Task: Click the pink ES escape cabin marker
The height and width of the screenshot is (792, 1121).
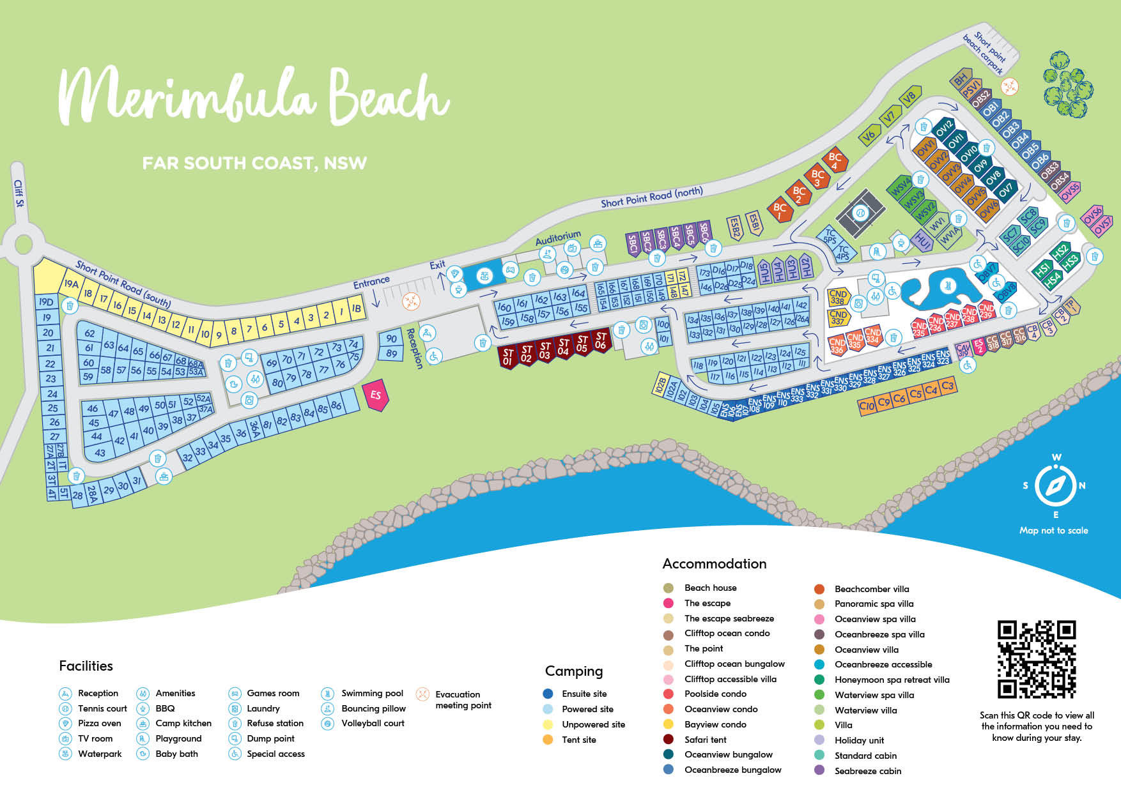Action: (376, 395)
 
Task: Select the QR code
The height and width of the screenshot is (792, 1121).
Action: (1037, 659)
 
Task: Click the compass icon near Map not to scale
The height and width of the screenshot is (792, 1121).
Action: (1055, 486)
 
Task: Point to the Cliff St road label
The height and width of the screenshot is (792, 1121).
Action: (19, 194)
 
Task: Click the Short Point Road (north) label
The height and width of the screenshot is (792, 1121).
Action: (651, 197)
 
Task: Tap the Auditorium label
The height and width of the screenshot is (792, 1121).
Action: (558, 238)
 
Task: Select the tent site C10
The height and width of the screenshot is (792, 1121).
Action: (867, 406)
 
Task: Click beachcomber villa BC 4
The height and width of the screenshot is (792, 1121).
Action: (835, 161)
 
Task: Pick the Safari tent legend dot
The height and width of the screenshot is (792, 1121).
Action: (669, 739)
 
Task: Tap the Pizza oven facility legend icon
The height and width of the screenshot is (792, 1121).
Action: (65, 723)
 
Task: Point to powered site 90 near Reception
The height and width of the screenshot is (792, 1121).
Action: (391, 339)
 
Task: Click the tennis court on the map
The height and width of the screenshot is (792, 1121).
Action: (860, 213)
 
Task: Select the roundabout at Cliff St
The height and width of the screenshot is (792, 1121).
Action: (23, 243)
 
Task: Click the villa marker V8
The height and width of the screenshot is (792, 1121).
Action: (909, 97)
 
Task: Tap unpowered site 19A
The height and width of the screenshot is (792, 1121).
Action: (70, 284)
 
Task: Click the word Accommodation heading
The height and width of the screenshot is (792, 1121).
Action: (714, 563)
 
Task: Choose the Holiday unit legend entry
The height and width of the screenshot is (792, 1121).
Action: (859, 740)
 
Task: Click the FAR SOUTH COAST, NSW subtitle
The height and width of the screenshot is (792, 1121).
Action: (254, 164)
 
